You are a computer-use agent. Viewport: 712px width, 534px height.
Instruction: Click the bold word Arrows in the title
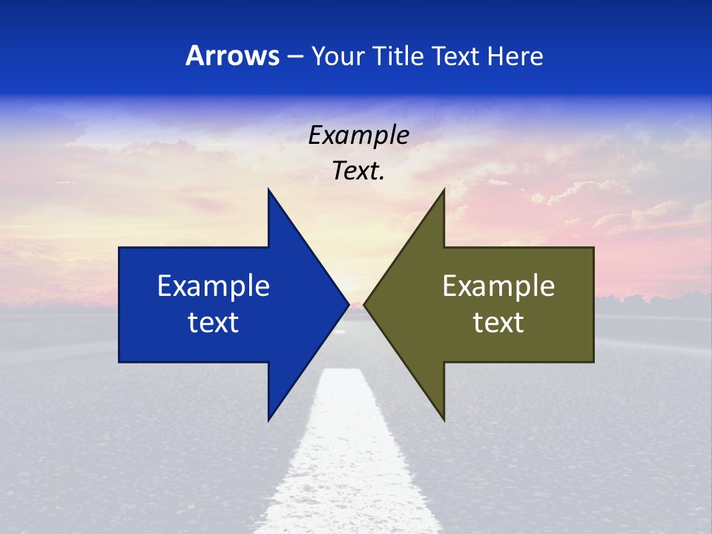pos(232,56)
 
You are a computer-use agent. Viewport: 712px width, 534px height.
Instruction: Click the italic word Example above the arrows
pos(359,135)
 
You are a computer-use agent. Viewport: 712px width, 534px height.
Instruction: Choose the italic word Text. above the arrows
pos(359,171)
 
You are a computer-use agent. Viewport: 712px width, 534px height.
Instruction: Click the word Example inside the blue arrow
pos(214,286)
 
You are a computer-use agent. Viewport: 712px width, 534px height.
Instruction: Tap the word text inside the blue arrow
pos(214,323)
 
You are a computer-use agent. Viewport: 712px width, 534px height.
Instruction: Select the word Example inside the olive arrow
pos(498,286)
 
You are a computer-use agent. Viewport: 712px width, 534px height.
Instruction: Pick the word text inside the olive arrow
pos(498,323)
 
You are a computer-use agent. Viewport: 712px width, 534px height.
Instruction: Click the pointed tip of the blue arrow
pos(348,304)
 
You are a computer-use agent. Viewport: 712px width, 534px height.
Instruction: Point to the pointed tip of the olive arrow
pos(365,304)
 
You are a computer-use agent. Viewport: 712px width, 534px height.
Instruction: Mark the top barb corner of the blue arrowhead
pos(268,190)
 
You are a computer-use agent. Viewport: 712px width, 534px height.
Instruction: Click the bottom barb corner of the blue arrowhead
pos(268,420)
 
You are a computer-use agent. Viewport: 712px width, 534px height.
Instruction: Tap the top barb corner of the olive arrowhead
pos(444,190)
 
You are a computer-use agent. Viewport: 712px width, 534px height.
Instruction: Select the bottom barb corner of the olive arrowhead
pos(444,420)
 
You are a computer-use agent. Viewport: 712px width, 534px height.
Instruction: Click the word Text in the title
pos(456,56)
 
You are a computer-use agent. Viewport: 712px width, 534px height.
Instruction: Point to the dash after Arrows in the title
pos(294,56)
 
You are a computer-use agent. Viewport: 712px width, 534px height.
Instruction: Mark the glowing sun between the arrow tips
pos(356,293)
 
